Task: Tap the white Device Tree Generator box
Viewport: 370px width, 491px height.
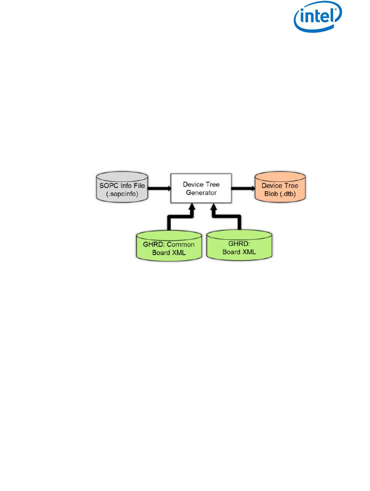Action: coord(201,189)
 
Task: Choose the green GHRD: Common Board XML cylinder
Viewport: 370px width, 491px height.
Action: coord(168,246)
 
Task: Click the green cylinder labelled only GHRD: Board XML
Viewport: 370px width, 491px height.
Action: coord(239,246)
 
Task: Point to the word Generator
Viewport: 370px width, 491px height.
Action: coord(201,193)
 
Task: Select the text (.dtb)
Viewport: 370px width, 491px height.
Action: coord(292,193)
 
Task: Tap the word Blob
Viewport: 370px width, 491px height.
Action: coord(275,193)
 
